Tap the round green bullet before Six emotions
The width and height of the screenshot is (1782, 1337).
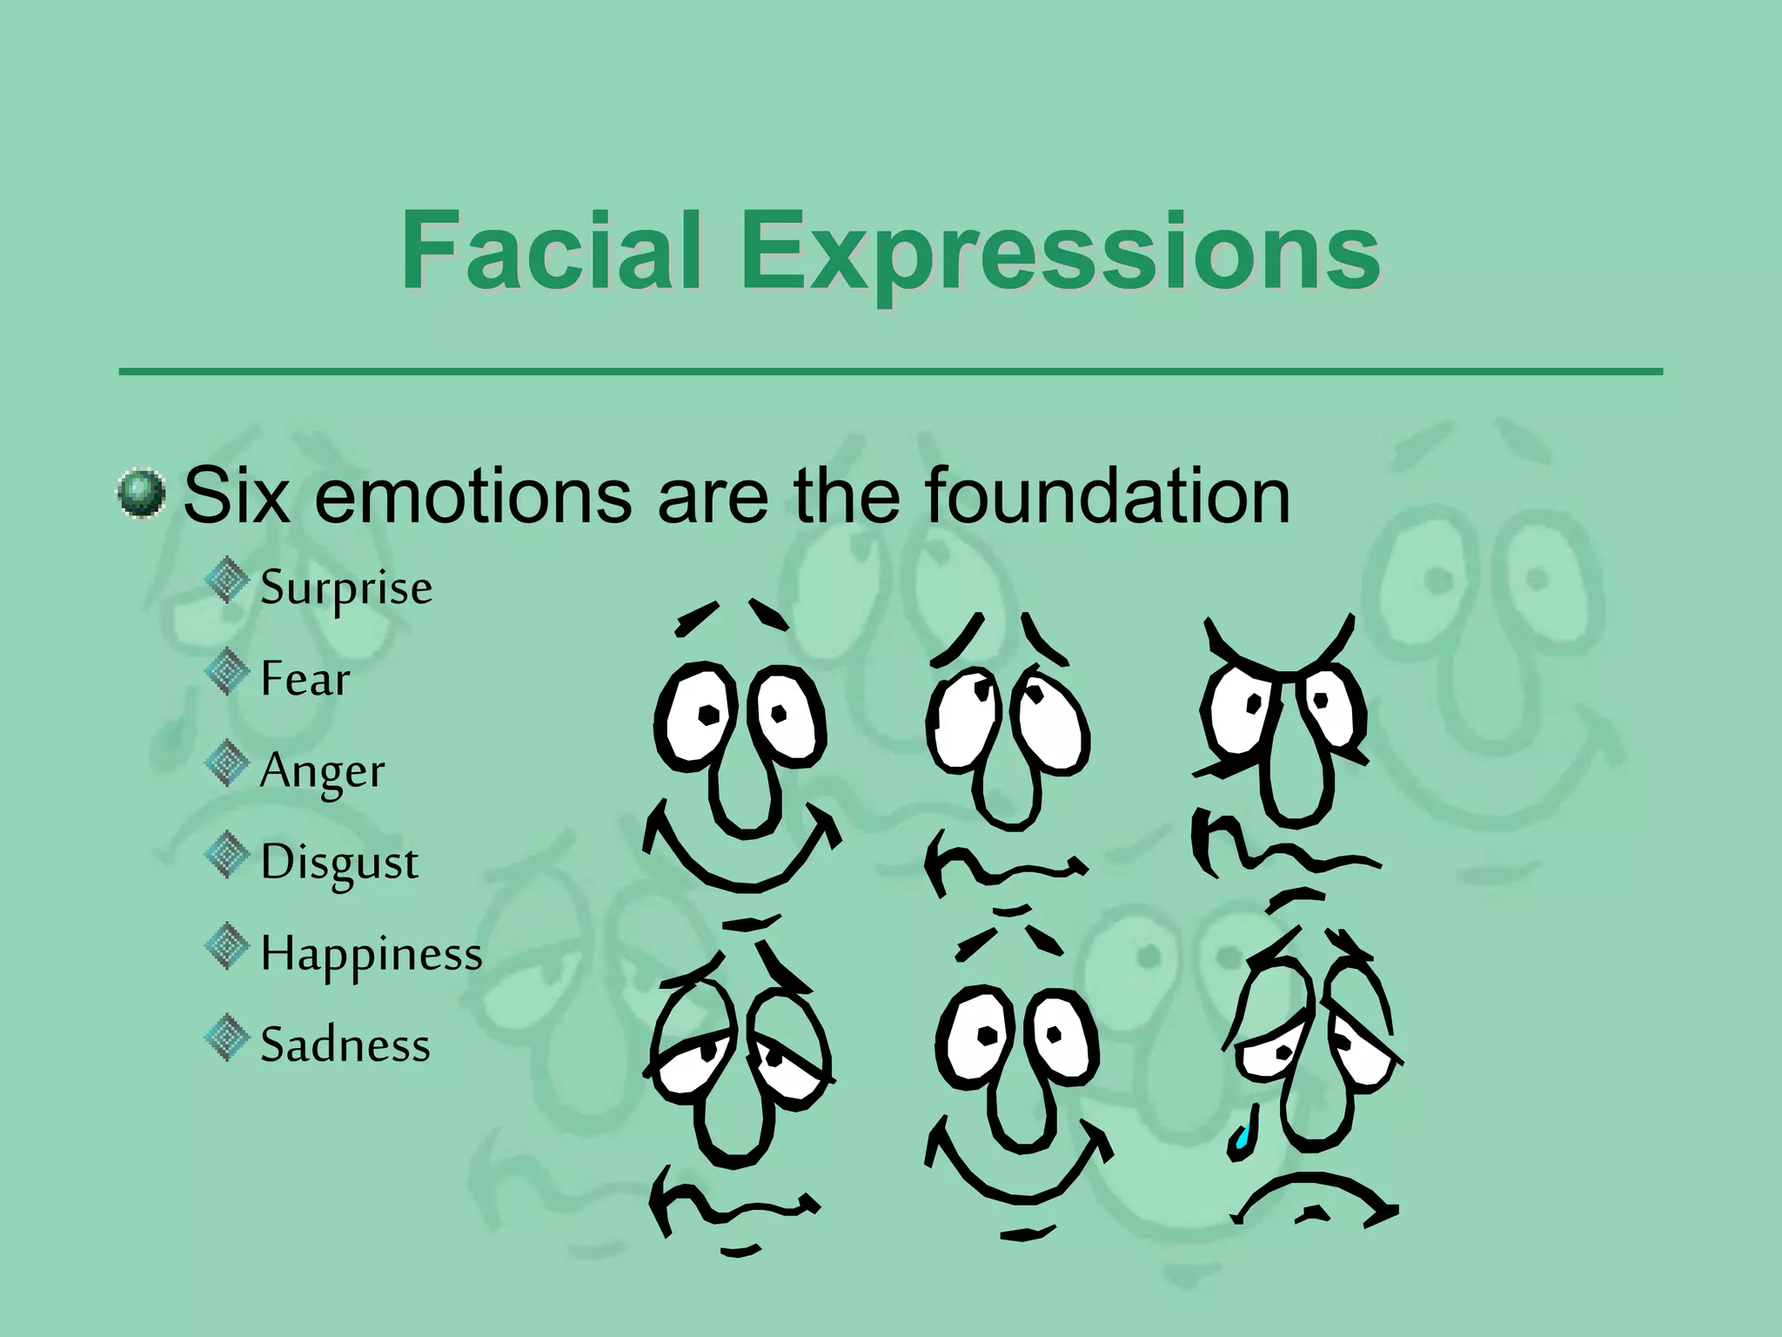[x=141, y=494]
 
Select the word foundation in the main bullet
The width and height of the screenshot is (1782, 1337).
[x=1107, y=496]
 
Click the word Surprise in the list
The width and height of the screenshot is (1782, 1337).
[x=346, y=588]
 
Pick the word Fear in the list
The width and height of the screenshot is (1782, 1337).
[x=305, y=679]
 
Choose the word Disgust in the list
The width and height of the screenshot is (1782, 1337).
[x=339, y=863]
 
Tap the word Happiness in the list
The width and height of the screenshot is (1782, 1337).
[x=372, y=954]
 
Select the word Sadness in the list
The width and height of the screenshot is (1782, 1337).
[x=345, y=1045]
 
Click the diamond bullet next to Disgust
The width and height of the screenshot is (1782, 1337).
[x=227, y=855]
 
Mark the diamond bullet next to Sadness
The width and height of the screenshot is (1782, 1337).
[x=227, y=1038]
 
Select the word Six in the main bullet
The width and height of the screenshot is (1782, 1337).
[x=236, y=495]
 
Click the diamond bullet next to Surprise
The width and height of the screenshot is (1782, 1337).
[x=227, y=581]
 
